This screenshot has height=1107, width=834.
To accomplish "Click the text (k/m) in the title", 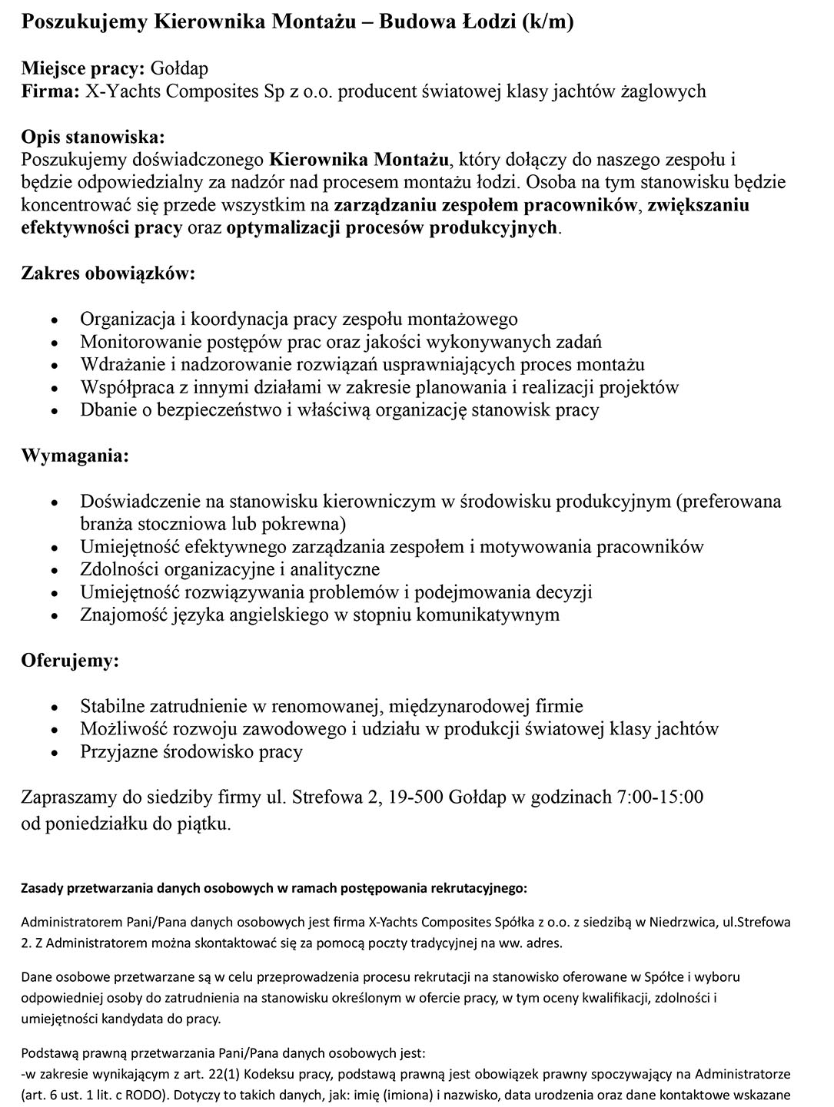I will (547, 23).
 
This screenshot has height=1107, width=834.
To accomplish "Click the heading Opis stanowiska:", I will (92, 138).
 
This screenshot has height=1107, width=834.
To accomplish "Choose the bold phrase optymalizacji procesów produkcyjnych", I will (391, 228).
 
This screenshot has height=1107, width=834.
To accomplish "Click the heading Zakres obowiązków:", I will (108, 273).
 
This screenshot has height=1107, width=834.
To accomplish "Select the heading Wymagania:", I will (75, 456).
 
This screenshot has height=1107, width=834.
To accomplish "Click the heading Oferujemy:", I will (70, 661).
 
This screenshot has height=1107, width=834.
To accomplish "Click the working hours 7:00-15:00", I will (660, 797).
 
